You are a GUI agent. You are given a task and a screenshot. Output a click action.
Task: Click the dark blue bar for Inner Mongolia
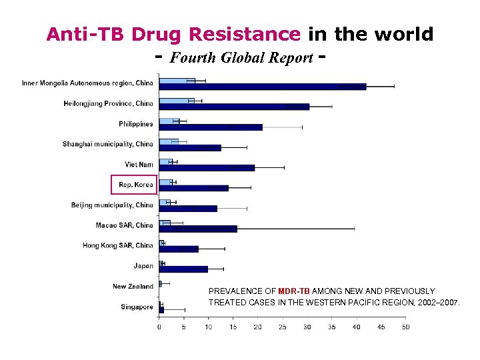tap(263, 87)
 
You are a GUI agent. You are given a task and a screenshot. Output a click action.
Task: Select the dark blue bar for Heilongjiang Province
tap(234, 107)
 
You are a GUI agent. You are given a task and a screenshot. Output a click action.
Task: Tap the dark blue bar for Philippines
tap(211, 127)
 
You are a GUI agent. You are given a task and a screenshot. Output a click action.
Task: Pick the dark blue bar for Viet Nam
tap(207, 167)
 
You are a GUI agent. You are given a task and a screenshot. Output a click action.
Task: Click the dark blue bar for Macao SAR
tap(198, 229)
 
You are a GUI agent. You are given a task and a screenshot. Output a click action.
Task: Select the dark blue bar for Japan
tap(183, 269)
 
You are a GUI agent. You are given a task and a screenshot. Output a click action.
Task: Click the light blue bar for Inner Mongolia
tap(177, 81)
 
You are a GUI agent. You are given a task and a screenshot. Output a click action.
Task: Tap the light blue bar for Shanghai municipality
tap(169, 141)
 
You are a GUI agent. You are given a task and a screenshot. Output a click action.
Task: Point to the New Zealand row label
tap(133, 287)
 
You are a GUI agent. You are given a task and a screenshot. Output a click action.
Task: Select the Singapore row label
tap(137, 307)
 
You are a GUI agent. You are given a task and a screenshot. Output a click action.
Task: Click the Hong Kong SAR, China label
tap(118, 245)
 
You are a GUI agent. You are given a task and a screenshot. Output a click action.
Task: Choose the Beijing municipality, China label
tap(112, 205)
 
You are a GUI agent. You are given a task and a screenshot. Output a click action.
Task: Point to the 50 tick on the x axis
tap(405, 327)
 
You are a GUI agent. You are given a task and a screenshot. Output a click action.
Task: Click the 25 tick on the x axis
tap(282, 327)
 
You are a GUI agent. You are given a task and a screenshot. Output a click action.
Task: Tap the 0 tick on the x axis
tap(159, 327)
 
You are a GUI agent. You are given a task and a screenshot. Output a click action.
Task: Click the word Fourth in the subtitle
tap(191, 57)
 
